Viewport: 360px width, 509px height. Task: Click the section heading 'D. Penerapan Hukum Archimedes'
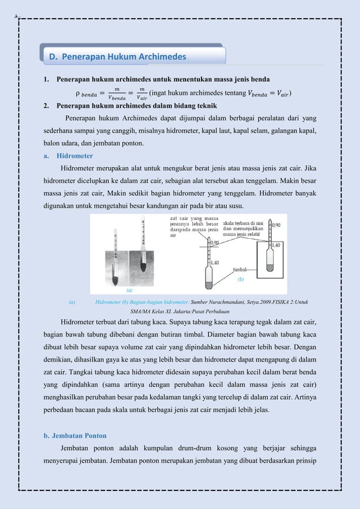117,56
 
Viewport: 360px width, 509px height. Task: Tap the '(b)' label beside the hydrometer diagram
240,279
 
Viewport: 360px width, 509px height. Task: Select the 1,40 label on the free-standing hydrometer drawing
216,262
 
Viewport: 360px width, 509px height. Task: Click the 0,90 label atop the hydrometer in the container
276,225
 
